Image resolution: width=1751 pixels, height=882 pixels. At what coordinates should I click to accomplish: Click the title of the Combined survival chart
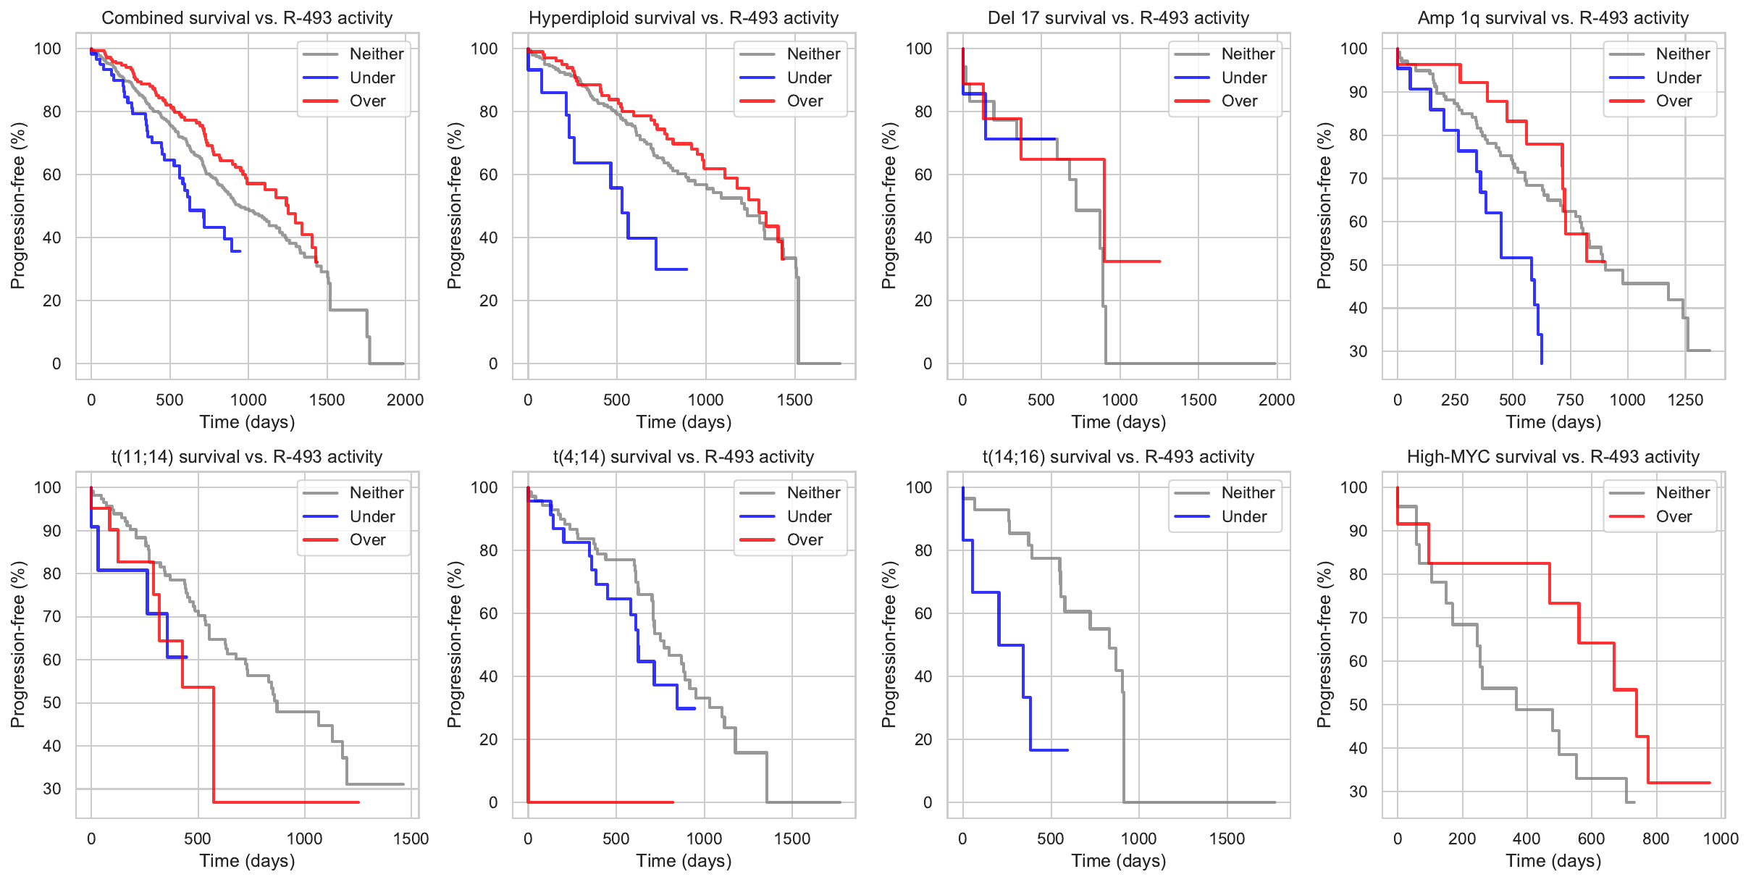(x=247, y=18)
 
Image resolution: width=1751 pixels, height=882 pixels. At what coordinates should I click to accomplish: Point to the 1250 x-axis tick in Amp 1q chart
(x=1685, y=400)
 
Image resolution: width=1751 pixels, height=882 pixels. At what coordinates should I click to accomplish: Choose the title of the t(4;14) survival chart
(x=684, y=457)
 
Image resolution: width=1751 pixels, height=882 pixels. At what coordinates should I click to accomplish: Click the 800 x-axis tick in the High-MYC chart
(x=1655, y=839)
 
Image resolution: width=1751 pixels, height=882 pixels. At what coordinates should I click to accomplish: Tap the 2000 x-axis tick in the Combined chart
(x=405, y=400)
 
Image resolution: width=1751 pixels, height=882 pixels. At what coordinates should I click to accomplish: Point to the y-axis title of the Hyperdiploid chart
(x=454, y=206)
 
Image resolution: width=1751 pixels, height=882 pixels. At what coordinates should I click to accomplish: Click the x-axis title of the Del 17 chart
(x=1118, y=422)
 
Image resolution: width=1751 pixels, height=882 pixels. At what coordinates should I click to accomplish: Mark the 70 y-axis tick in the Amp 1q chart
(x=1357, y=179)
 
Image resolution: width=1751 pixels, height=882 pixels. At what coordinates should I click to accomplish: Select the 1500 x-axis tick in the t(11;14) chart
(x=411, y=839)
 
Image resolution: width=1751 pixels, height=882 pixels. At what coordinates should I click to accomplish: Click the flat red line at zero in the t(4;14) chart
(x=601, y=802)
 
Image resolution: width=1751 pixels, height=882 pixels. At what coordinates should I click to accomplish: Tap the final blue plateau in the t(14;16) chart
(x=1049, y=750)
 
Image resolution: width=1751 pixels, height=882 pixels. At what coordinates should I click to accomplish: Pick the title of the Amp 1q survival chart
(x=1553, y=18)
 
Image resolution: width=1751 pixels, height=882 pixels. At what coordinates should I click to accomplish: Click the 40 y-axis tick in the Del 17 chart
(x=923, y=238)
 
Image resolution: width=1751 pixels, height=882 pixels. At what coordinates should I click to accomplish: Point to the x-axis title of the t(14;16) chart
(x=1118, y=861)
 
